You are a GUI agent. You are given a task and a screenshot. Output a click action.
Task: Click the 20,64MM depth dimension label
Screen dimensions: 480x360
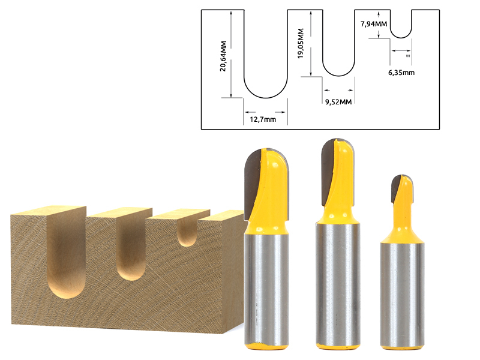click(223, 56)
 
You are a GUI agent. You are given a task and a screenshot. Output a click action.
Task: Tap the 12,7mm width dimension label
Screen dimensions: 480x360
click(263, 119)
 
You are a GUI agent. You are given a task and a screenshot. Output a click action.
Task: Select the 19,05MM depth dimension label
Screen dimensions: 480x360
click(301, 43)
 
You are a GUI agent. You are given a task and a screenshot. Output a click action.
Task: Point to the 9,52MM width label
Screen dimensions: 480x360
click(338, 102)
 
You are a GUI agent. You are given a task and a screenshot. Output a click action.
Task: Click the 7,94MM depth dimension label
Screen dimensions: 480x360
click(374, 24)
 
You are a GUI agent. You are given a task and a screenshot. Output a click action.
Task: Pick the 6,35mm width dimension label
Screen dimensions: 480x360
click(401, 73)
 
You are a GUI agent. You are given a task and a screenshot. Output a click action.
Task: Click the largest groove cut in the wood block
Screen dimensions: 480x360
click(67, 254)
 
